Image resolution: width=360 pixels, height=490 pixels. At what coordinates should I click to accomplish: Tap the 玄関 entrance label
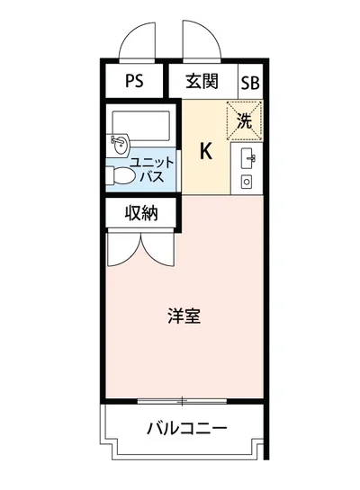(202, 82)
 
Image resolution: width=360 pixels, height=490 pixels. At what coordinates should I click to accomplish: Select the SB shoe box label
(249, 83)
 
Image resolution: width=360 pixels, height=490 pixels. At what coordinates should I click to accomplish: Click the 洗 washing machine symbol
(244, 119)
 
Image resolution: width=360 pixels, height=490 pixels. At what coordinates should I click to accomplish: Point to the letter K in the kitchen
(205, 151)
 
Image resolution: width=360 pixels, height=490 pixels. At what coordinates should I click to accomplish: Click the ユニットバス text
(147, 169)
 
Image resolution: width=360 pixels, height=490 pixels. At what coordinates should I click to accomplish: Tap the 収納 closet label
(141, 214)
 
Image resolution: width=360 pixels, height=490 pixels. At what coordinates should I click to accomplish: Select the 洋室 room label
(184, 316)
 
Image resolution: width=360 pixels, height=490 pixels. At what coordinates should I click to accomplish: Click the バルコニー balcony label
(186, 428)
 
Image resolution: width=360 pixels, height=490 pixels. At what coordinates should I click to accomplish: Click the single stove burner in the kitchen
(247, 183)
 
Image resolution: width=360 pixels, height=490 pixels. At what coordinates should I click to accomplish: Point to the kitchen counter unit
(247, 171)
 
